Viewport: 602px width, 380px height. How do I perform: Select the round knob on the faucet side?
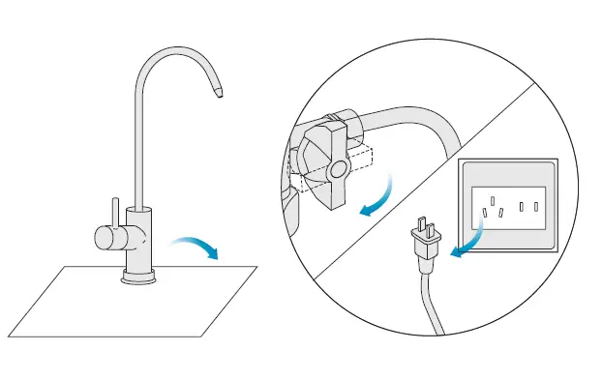[104, 236]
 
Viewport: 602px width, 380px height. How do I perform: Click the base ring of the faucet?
[139, 279]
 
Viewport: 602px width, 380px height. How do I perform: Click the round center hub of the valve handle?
[338, 171]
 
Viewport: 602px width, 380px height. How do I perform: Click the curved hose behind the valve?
[416, 121]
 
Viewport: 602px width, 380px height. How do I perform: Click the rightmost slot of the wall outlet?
[535, 206]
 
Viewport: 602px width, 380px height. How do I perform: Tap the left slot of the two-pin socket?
[521, 206]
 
